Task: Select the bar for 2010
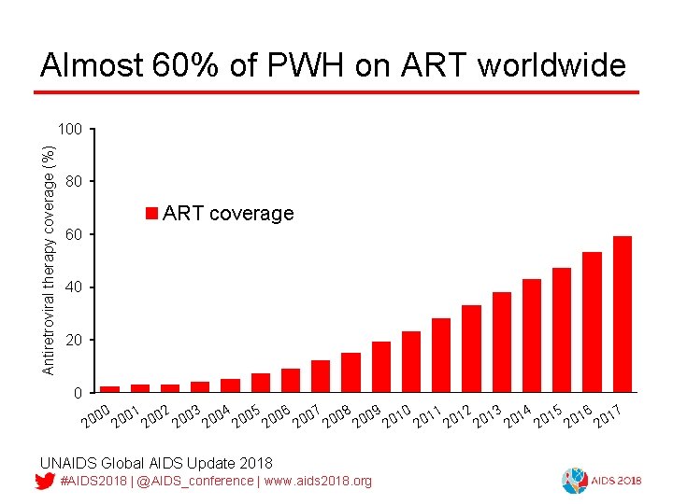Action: (411, 361)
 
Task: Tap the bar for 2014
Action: (532, 335)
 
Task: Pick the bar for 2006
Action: (291, 380)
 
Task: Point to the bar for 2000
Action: (110, 388)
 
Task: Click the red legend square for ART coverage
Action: (152, 214)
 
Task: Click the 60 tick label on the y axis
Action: (75, 233)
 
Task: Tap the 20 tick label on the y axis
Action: (75, 340)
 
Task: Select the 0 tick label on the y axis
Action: (79, 393)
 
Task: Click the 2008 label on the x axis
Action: (336, 416)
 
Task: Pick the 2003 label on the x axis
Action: (186, 416)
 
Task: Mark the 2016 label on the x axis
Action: (578, 416)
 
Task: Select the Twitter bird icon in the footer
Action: (45, 481)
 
